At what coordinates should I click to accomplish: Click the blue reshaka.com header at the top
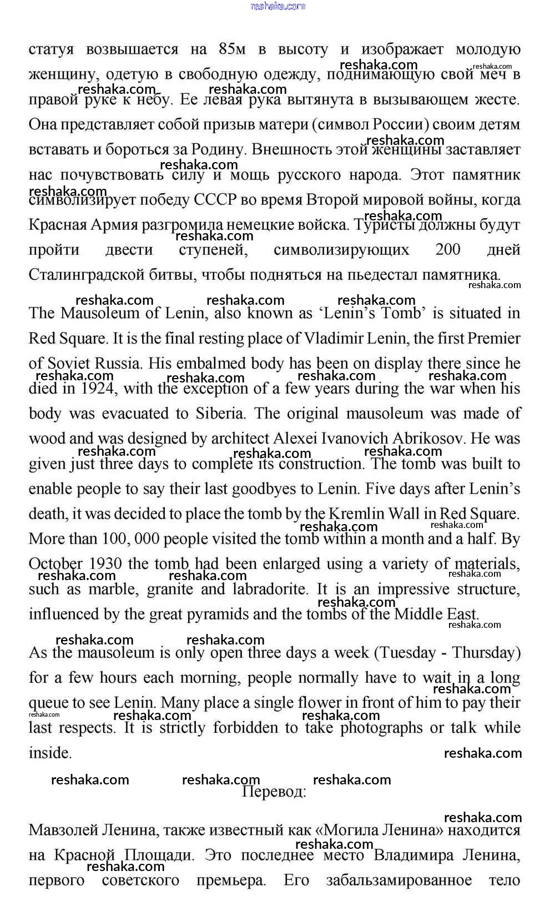(x=277, y=6)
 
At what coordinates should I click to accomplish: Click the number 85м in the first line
(x=232, y=49)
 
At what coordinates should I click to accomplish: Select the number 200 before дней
(x=448, y=250)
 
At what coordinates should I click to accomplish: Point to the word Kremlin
(x=367, y=514)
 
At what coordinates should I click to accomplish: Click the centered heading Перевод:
(x=274, y=792)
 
